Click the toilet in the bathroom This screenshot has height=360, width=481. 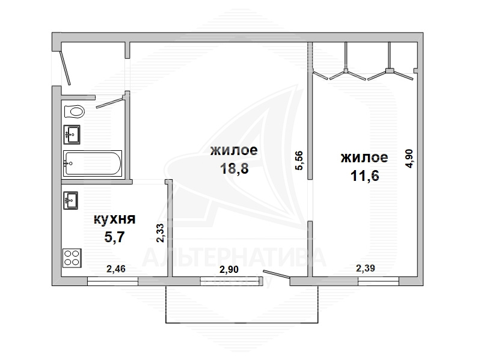(74, 111)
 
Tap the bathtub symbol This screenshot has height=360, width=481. (93, 163)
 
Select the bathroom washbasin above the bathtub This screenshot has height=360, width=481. (72, 134)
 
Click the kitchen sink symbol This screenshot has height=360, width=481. (70, 200)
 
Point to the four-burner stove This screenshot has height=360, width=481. (72, 257)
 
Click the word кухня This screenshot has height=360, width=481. (114, 219)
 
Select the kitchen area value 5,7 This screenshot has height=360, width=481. (114, 237)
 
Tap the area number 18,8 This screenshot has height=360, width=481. (234, 168)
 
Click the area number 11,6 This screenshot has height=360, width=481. (365, 175)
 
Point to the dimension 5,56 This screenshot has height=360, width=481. (299, 160)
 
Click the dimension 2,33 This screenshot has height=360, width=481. (160, 233)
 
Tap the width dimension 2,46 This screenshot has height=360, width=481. (116, 269)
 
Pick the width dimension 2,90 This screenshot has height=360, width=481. (229, 269)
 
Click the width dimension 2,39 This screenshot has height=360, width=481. (366, 268)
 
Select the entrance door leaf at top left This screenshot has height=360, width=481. (66, 68)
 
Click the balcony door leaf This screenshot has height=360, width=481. (277, 275)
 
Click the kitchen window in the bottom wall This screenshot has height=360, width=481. (112, 281)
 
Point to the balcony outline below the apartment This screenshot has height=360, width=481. (242, 323)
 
